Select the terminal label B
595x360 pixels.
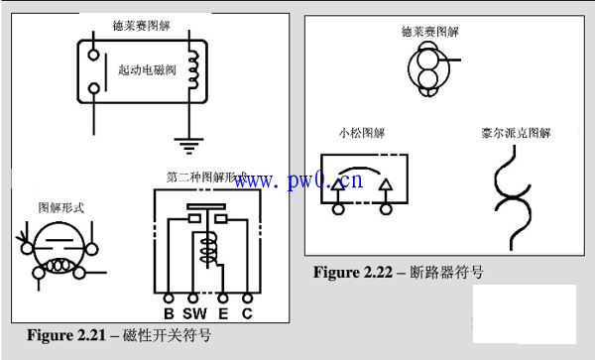(169, 314)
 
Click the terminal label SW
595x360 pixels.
(195, 314)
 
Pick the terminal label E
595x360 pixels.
(224, 314)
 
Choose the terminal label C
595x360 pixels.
(247, 314)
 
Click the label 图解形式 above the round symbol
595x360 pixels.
(60, 208)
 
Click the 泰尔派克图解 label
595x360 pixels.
(516, 132)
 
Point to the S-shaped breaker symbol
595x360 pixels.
(515, 194)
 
